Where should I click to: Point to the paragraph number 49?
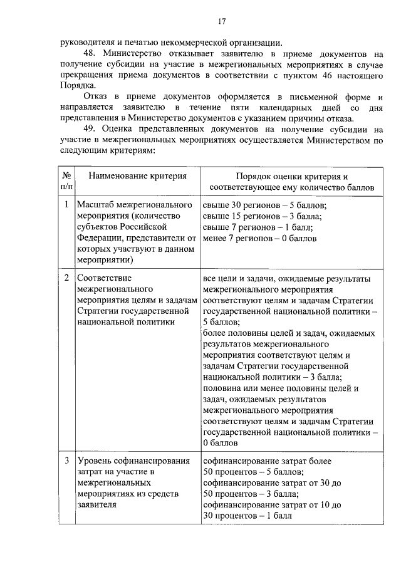90,129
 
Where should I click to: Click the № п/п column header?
66,181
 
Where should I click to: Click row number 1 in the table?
66,205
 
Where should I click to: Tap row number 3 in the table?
66,460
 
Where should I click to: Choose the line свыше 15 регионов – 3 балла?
263,216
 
